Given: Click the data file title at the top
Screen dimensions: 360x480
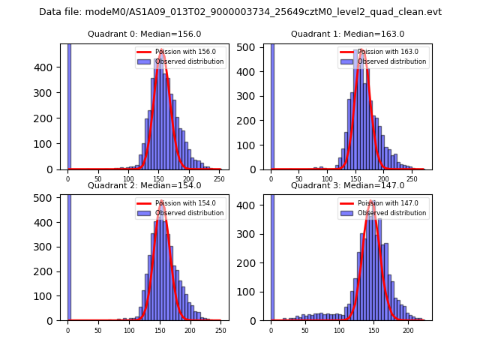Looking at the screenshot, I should pyautogui.click(x=240, y=12).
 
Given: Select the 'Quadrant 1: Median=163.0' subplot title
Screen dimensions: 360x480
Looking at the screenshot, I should pyautogui.click(x=347, y=34).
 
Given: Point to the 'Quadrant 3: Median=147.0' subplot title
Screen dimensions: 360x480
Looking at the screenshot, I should pyautogui.click(x=347, y=185).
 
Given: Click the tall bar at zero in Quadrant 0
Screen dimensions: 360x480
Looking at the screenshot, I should pyautogui.click(x=69, y=105).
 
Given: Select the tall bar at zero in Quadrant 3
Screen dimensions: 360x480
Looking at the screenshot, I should pyautogui.click(x=271, y=255).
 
